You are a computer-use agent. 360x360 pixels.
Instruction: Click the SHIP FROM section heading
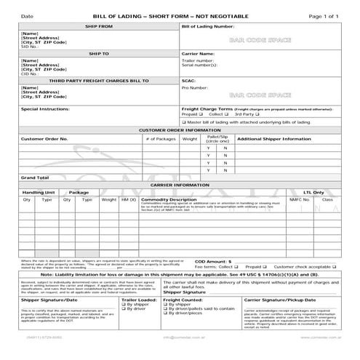99,26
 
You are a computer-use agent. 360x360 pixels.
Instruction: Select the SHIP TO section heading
99,53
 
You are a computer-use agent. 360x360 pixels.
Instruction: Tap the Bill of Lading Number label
207,26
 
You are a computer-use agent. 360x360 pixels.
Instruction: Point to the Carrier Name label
197,54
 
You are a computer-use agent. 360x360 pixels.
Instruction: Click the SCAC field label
188,80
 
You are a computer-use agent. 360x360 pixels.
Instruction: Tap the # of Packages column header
161,138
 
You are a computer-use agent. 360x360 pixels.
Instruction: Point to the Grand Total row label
35,177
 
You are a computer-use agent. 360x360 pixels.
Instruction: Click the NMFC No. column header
299,199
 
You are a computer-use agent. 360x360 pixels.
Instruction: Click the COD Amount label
213,260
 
